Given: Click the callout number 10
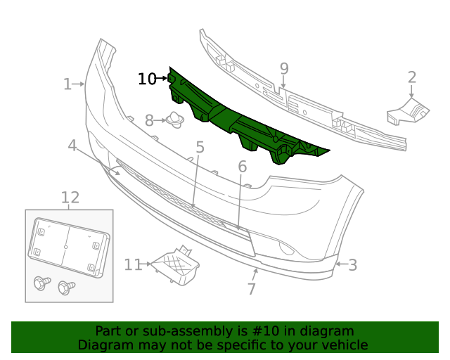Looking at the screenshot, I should pos(147,79).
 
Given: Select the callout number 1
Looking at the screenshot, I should pos(67,84).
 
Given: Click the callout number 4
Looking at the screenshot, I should pos(200,148).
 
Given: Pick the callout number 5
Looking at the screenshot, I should pos(242,167).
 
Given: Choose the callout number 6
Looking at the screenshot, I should pos(251,289).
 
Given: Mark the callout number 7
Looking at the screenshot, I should pos(149,121).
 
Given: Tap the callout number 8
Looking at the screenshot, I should pos(284,69).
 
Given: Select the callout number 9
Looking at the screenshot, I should pos(132,264).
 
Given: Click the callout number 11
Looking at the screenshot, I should pos(70,198).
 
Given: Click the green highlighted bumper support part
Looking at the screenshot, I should pos(239,120).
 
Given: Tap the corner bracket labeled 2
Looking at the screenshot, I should pos(408,111).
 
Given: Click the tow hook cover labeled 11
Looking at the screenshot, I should pos(176,265).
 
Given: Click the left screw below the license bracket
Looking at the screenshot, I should pos(41,284).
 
